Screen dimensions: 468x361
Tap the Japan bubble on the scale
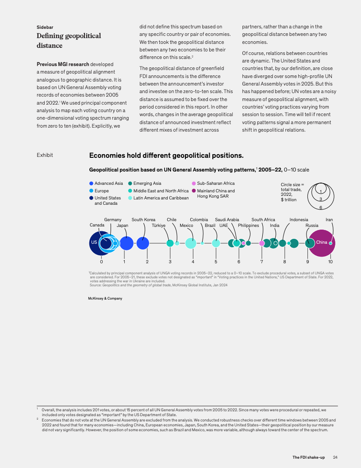(127, 243)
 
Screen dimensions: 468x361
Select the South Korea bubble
(143, 243)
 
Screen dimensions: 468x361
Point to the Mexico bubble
(191, 243)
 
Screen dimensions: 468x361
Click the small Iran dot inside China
(330, 243)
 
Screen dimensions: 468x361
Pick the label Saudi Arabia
(227, 219)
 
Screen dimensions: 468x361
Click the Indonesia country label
(299, 219)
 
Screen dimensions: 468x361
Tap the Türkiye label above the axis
(158, 225)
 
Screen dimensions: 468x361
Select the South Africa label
(263, 219)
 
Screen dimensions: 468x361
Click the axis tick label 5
(216, 262)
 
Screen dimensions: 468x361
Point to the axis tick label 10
(330, 262)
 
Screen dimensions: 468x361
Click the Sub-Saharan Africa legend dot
(194, 183)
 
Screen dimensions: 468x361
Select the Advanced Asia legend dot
(91, 183)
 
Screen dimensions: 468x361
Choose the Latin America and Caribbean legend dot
(130, 198)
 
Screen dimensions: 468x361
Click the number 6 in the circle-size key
(321, 207)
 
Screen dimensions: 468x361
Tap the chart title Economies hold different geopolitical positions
(166, 156)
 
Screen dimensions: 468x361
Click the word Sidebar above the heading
(45, 27)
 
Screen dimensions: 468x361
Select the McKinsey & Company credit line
(105, 298)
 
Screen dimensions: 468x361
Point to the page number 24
(335, 457)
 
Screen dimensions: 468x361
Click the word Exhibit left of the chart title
(45, 155)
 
